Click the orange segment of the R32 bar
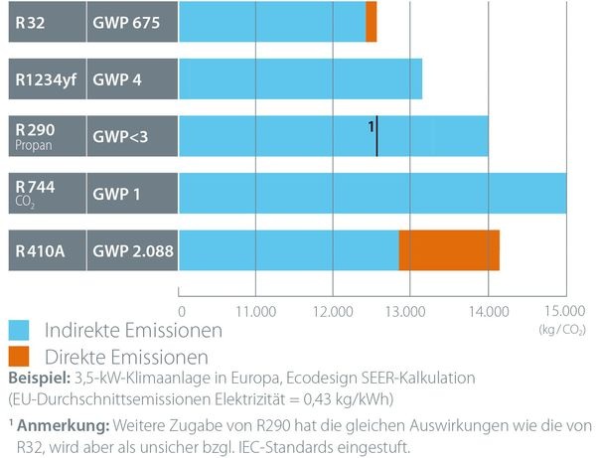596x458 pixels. coord(372,22)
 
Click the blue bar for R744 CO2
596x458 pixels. coord(372,193)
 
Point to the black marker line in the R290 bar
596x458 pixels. coord(377,136)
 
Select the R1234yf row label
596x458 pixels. coord(45,78)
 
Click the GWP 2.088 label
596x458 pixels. coord(132,250)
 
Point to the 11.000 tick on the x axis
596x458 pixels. coord(256,309)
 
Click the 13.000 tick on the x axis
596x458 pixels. coord(410,309)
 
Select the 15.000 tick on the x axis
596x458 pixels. coord(564,309)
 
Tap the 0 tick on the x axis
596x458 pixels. coord(181,309)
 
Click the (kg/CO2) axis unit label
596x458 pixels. coord(560,327)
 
